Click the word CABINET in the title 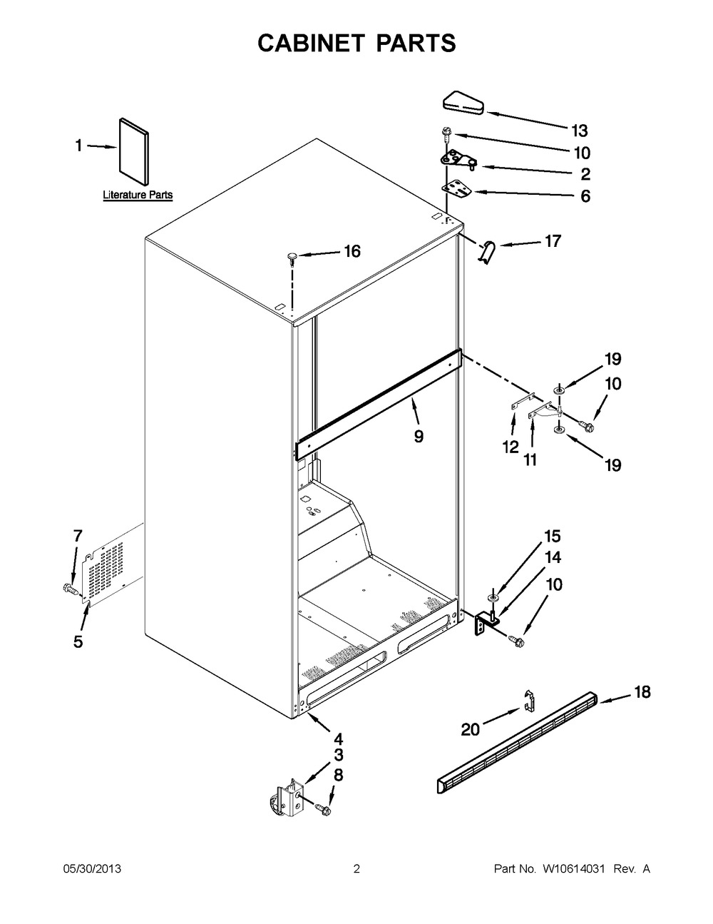311,44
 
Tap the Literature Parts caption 138,195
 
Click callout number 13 580,131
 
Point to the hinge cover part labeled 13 463,103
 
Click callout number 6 585,196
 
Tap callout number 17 553,241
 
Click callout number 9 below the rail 419,436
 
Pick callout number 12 511,447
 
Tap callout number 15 553,536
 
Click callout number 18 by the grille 642,692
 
